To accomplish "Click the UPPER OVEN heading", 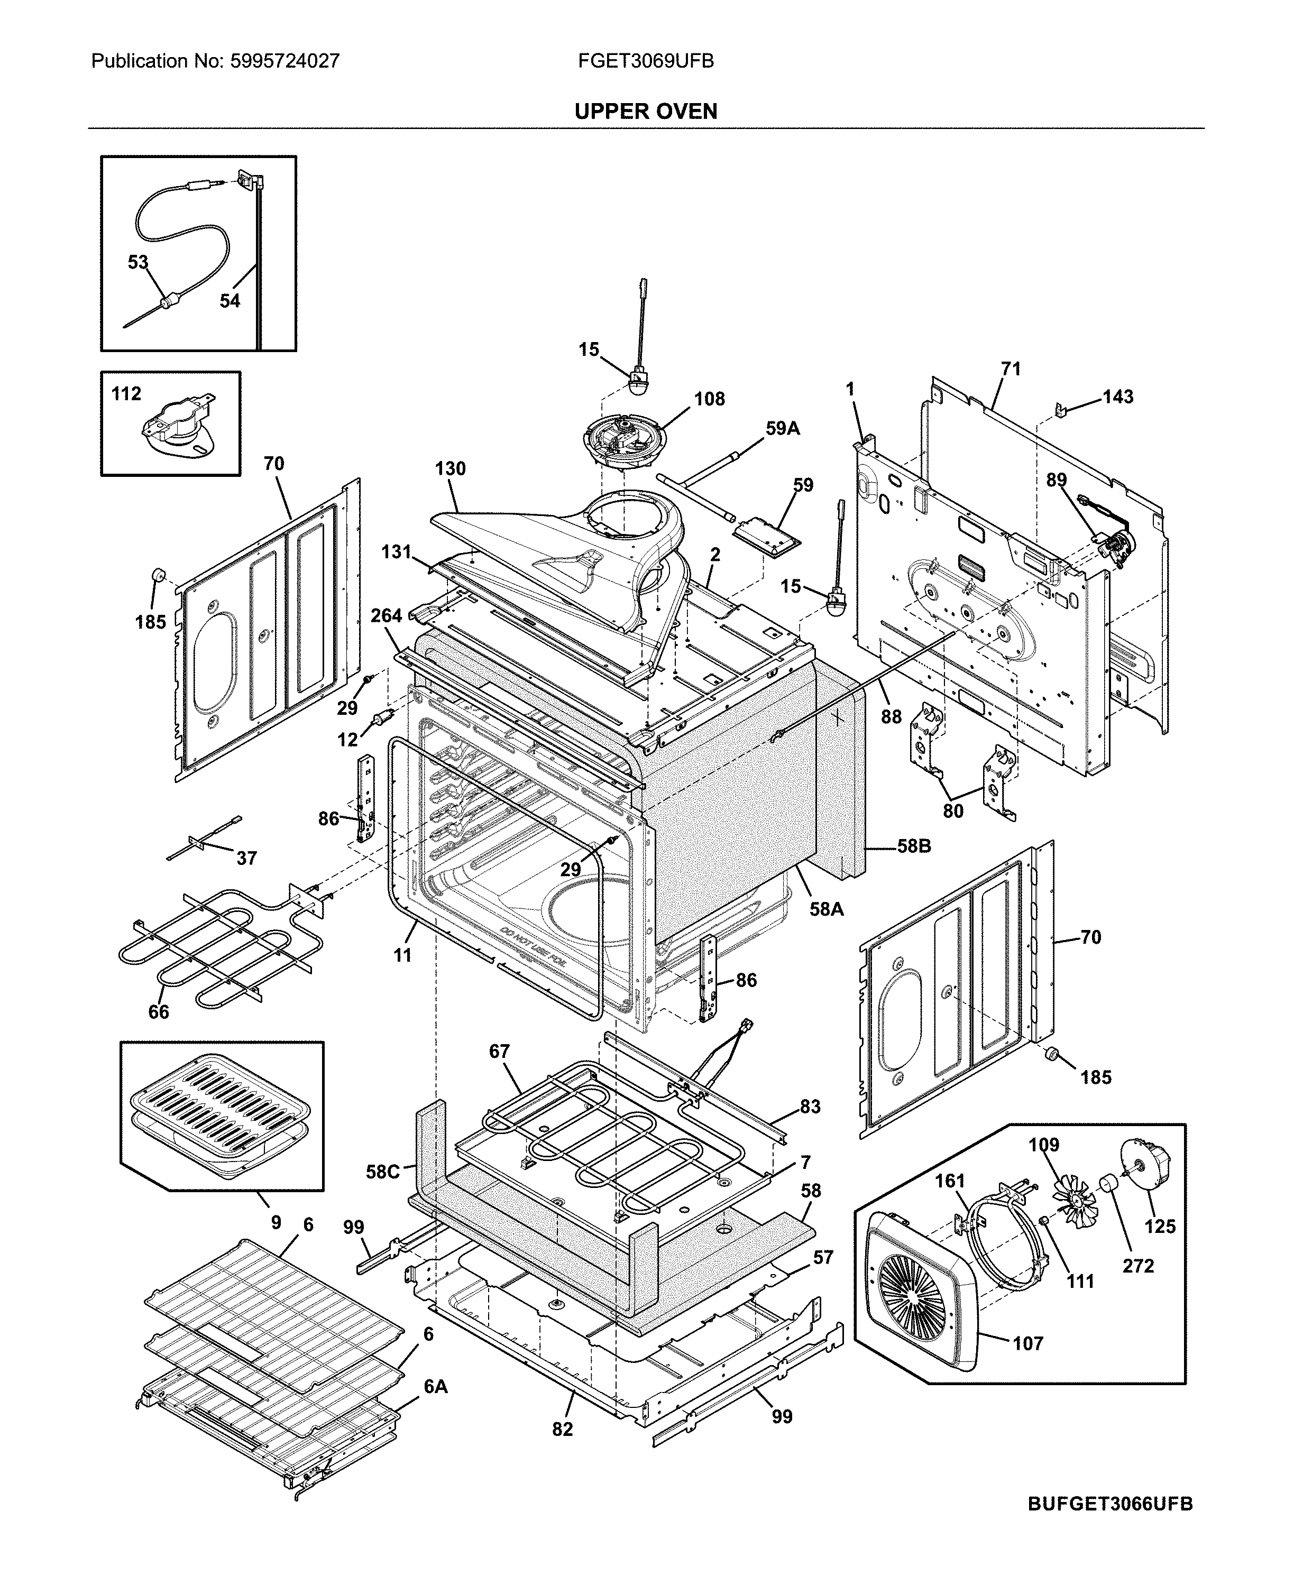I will click(x=646, y=112).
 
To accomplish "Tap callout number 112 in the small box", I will click(x=126, y=393).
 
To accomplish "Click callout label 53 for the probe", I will click(x=138, y=262).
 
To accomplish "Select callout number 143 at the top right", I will click(x=1117, y=397).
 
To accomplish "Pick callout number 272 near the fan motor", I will click(x=1137, y=1265).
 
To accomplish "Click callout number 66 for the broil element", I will click(x=158, y=1011).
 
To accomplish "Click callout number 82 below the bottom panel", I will click(x=563, y=1429).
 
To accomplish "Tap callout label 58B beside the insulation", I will click(x=913, y=846).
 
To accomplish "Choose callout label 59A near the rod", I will click(x=782, y=428).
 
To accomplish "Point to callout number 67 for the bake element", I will click(x=499, y=1052).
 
